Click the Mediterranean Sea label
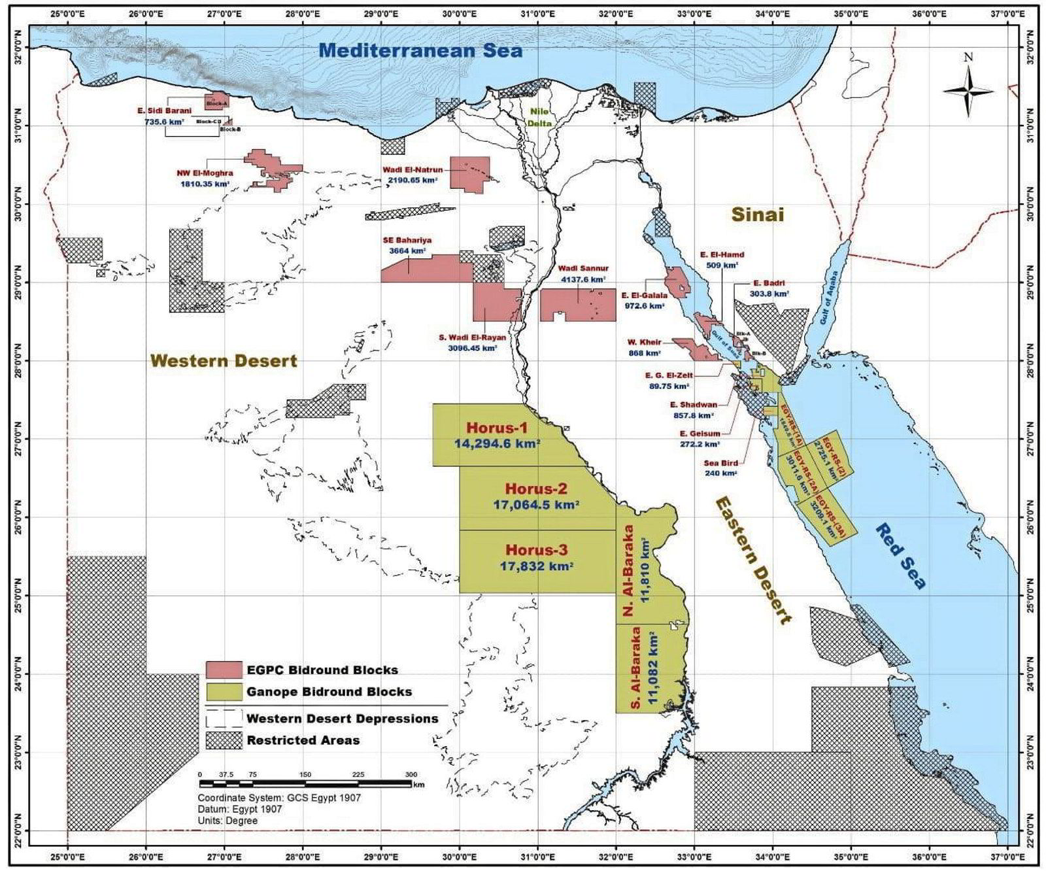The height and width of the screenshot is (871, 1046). pyautogui.click(x=421, y=50)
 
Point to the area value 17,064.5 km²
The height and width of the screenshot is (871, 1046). pyautogui.click(x=535, y=505)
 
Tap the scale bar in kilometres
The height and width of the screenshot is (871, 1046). pyautogui.click(x=305, y=783)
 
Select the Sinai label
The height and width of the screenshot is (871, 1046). pyautogui.click(x=757, y=214)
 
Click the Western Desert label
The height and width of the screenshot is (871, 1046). pyautogui.click(x=224, y=360)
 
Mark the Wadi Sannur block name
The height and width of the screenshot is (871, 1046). pyautogui.click(x=583, y=268)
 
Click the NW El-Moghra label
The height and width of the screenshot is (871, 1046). pyautogui.click(x=204, y=173)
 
